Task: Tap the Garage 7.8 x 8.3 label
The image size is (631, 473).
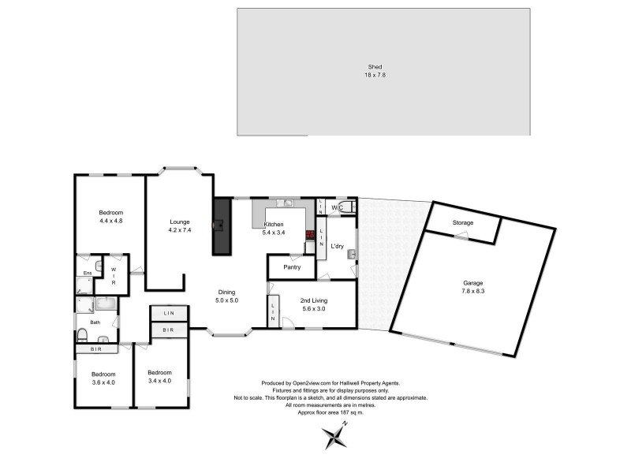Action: point(473,287)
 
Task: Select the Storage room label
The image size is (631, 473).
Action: point(463,223)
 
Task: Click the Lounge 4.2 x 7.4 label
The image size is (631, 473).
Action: point(180,226)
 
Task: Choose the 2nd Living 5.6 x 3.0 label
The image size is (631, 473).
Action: point(314,305)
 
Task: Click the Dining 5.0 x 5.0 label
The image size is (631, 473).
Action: point(227,296)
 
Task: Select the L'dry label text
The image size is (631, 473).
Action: point(338,246)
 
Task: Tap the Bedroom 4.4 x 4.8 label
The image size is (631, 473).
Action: point(110,217)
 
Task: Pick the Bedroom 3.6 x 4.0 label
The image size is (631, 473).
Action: point(103,378)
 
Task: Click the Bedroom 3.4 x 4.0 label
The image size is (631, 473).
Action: point(159,376)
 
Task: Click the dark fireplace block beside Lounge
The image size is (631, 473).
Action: point(221,226)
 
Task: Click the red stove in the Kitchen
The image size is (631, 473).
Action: point(311,235)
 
